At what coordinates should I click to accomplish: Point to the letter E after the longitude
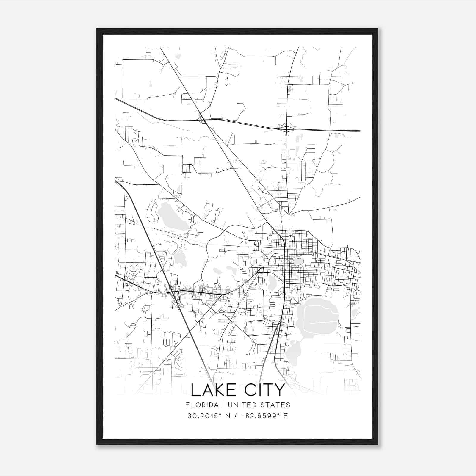click(x=286, y=416)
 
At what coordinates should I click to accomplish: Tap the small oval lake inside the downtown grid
click(x=298, y=262)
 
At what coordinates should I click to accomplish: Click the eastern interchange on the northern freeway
click(x=286, y=129)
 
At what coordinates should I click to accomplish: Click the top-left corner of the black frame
click(x=97, y=29)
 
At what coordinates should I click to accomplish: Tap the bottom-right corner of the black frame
click(x=378, y=444)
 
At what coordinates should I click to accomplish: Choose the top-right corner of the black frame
click(x=378, y=29)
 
